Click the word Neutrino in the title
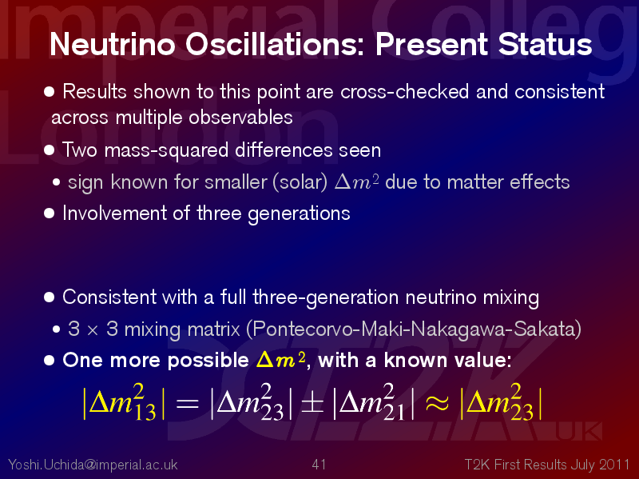pos(113,44)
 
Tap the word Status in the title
pos(545,44)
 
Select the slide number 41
pos(319,465)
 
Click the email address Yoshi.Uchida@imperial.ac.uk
pos(93,465)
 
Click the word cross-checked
pos(404,91)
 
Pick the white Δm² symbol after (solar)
pos(356,182)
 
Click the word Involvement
pos(114,213)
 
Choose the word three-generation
pos(325,297)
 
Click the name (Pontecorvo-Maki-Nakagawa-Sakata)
pos(414,329)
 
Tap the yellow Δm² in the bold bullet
pos(281,360)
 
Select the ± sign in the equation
pos(312,404)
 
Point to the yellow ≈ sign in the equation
pos(437,404)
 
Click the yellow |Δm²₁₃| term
pos(124,402)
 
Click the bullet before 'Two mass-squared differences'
pos(49,150)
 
